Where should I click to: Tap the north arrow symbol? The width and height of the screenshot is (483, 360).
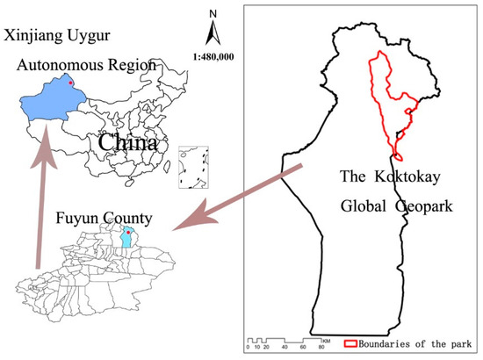point(212,33)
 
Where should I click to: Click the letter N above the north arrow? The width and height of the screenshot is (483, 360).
point(212,14)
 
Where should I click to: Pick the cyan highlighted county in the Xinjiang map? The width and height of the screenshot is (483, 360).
point(129,239)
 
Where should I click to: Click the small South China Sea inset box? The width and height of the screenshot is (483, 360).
point(192,167)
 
